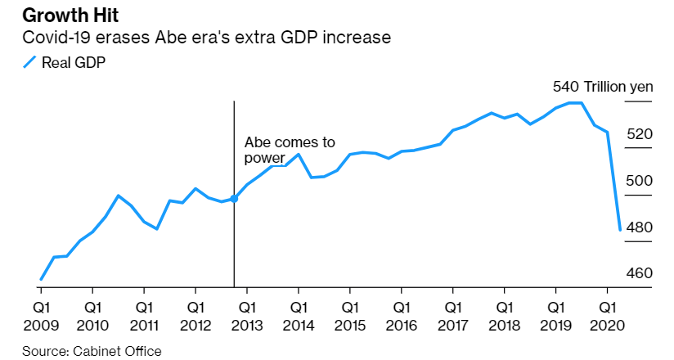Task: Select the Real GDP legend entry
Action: tap(65, 62)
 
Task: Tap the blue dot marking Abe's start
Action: tap(234, 198)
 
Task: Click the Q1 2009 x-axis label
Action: tap(41, 315)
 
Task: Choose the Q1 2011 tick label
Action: tap(144, 315)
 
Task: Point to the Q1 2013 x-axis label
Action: tap(246, 315)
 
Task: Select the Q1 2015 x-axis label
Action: tap(349, 315)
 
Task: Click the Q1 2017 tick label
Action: tap(452, 315)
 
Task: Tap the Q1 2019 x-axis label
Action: tap(555, 315)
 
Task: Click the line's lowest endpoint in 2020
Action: tap(620, 229)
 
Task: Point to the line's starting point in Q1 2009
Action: tap(41, 279)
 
